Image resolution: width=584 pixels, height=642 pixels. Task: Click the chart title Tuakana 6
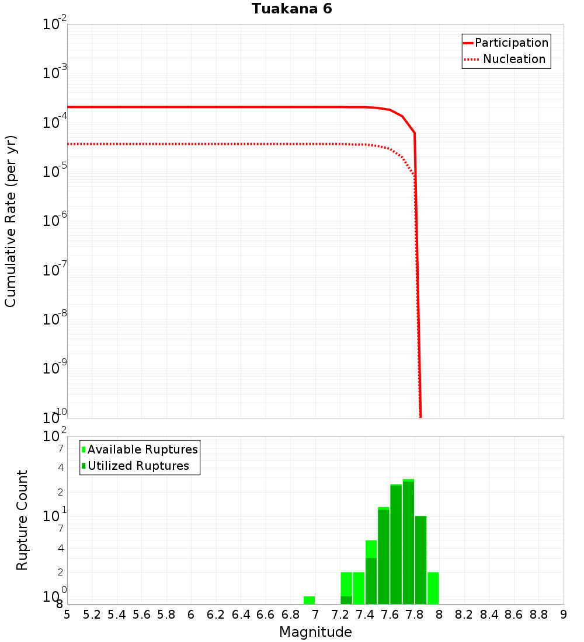pyautogui.click(x=292, y=9)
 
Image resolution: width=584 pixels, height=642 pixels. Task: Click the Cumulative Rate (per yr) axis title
pyautogui.click(x=11, y=221)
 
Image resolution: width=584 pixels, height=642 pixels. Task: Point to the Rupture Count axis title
pyautogui.click(x=22, y=520)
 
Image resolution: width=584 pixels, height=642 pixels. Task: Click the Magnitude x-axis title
pyautogui.click(x=315, y=632)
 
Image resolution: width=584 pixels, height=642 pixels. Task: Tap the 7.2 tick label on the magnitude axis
pyautogui.click(x=340, y=615)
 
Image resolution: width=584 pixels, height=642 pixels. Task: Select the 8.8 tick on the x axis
pyautogui.click(x=538, y=615)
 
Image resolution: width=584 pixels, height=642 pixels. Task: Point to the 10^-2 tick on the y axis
pyautogui.click(x=55, y=25)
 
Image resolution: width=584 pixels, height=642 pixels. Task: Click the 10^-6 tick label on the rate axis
pyautogui.click(x=55, y=221)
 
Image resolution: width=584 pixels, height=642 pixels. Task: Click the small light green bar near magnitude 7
pyautogui.click(x=309, y=600)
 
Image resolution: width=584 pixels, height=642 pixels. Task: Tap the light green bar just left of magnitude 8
pyautogui.click(x=433, y=588)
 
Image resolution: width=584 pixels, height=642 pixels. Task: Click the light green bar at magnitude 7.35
pyautogui.click(x=359, y=588)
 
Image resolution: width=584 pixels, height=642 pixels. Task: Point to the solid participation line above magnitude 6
pyautogui.click(x=191, y=107)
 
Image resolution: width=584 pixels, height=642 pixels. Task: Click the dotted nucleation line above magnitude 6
pyautogui.click(x=191, y=144)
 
